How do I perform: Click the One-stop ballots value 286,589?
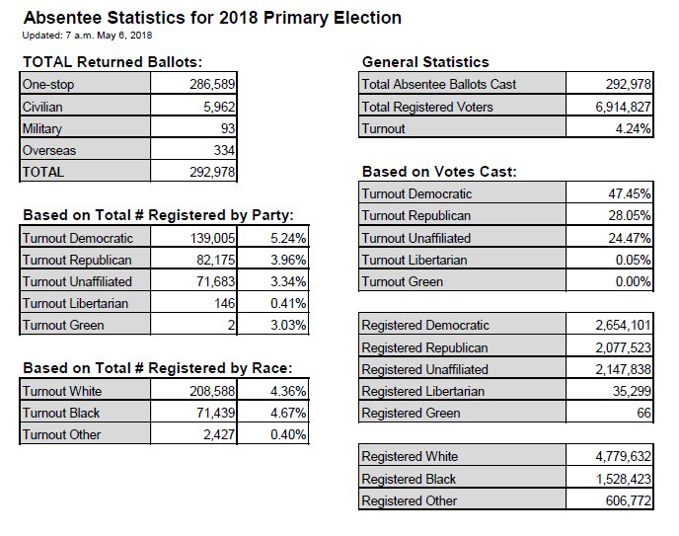212,85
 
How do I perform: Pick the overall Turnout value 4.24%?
632,128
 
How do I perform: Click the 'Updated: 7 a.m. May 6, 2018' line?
87,36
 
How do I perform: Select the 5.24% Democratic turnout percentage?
286,238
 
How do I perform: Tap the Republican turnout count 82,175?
214,260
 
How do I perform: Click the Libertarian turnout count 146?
225,303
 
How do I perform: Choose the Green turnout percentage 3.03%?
286,325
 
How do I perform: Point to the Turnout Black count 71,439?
214,413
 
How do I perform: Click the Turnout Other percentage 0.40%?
286,434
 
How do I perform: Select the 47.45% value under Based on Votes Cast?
629,194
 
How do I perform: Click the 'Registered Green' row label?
411,413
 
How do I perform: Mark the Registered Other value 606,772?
621,500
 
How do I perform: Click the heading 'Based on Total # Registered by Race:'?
157,369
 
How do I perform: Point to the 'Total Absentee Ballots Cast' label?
439,85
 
